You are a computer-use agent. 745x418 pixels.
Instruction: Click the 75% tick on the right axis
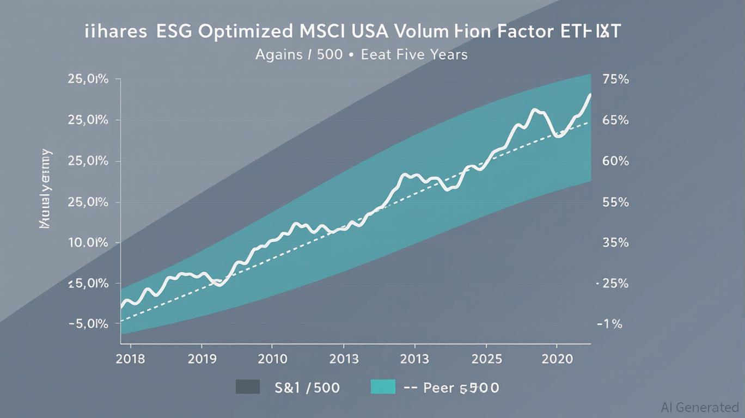point(616,79)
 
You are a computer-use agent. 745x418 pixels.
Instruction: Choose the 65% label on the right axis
point(616,120)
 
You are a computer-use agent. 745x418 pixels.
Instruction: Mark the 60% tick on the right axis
point(616,162)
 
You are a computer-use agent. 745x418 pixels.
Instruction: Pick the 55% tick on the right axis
point(616,202)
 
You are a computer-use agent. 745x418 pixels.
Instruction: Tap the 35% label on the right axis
point(616,243)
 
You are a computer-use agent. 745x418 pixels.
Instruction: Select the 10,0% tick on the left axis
point(88,243)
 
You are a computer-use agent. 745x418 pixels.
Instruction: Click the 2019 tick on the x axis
point(201,359)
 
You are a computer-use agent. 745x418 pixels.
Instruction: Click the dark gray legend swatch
point(248,387)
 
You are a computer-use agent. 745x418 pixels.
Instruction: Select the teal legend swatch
point(383,387)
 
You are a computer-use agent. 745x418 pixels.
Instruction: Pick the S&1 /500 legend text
point(308,388)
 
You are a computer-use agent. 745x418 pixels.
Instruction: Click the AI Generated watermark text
point(700,407)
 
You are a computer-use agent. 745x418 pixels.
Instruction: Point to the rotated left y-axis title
point(45,188)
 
